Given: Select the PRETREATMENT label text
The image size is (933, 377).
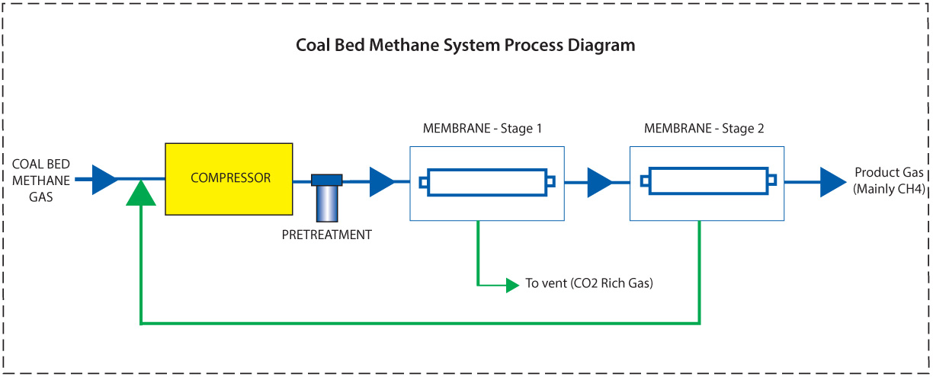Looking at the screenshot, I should (x=327, y=235).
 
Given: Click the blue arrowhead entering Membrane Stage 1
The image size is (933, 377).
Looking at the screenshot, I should (x=381, y=181).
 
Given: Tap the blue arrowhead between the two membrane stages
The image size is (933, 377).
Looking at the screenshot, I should (x=598, y=182).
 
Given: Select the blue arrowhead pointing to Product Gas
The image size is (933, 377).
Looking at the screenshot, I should (x=832, y=182).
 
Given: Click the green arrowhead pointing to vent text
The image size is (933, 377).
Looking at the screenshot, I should (x=511, y=285).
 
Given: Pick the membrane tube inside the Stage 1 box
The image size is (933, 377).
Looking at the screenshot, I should (x=487, y=182).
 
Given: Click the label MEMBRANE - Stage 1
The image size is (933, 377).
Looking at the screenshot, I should (x=483, y=129).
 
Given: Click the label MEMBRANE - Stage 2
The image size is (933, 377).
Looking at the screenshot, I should (x=704, y=129).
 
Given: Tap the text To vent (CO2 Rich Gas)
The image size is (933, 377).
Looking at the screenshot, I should (x=589, y=284).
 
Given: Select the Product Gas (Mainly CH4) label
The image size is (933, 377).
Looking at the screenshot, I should (x=889, y=180).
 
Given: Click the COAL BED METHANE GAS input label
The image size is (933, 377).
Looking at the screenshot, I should (x=41, y=180).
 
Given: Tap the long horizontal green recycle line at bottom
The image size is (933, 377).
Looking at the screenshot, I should (x=419, y=324).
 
